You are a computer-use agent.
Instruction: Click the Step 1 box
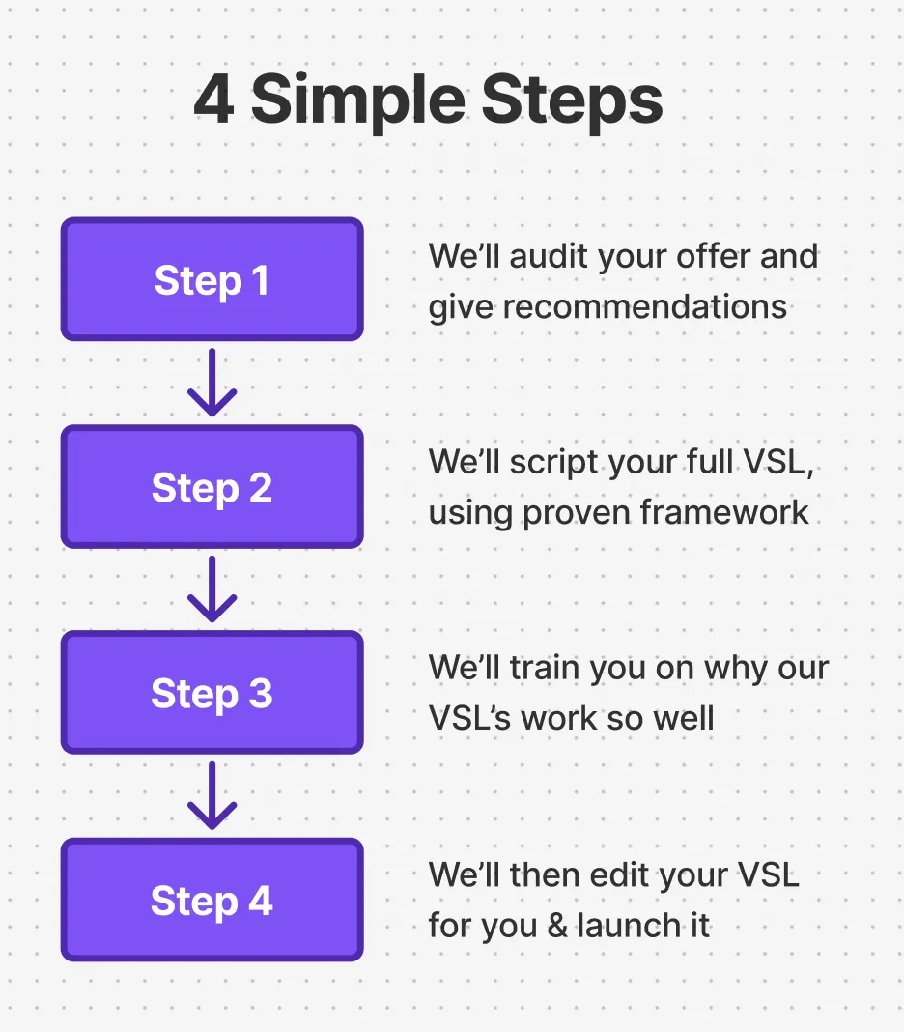point(212,280)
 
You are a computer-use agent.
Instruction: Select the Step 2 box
point(212,487)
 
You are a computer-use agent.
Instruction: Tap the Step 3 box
point(212,693)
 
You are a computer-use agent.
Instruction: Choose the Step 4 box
point(212,900)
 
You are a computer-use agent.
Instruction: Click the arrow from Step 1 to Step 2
point(212,383)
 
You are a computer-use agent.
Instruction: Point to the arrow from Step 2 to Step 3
point(212,589)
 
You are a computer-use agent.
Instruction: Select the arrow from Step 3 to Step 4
point(212,795)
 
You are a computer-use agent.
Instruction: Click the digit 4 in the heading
point(214,100)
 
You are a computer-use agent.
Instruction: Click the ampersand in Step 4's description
point(555,926)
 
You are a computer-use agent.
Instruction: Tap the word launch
point(628,926)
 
